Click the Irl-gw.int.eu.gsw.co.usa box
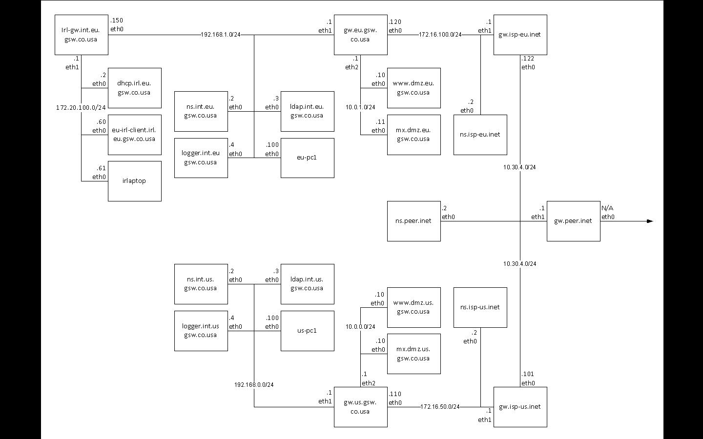(x=81, y=35)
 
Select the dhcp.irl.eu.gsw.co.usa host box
(x=134, y=88)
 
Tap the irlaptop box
(x=134, y=181)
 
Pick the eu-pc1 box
(x=307, y=158)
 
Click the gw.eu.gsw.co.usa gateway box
(x=360, y=35)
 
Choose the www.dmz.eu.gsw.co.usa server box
(x=414, y=88)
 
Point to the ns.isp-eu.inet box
(x=480, y=135)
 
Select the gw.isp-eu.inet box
(x=520, y=35)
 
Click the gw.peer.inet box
(x=573, y=221)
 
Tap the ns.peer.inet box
(x=414, y=221)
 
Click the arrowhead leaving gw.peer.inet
(x=650, y=221)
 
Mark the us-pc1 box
(x=307, y=331)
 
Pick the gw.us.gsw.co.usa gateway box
(x=360, y=407)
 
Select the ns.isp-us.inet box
(x=480, y=307)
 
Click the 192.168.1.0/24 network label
(x=221, y=35)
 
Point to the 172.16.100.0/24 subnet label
(x=440, y=35)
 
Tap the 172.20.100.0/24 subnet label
(x=81, y=107)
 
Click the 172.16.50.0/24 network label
(x=440, y=407)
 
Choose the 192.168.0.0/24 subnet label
(x=254, y=385)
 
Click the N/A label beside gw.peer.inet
(x=607, y=208)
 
